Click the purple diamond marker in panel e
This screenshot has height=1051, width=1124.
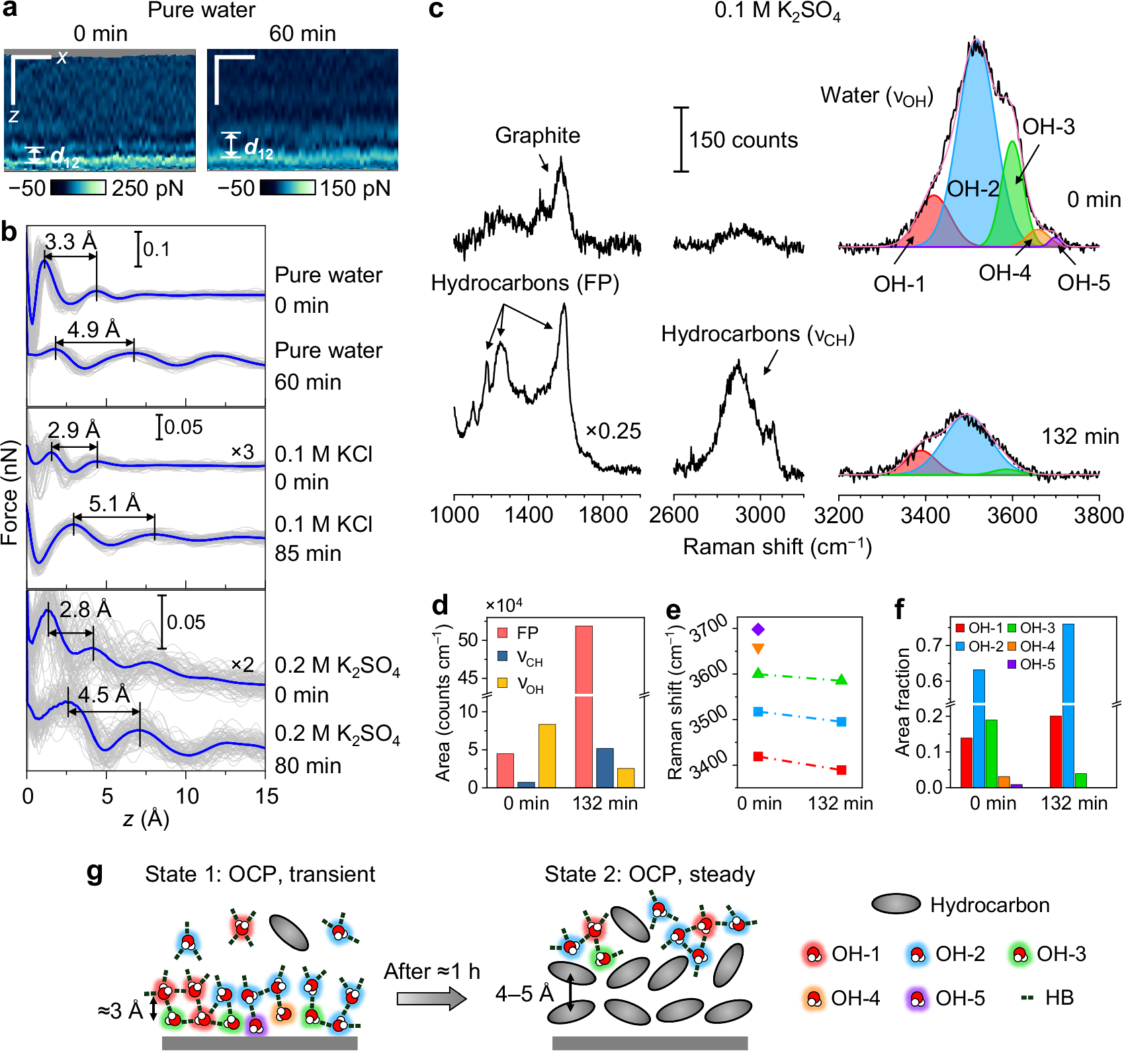click(x=758, y=629)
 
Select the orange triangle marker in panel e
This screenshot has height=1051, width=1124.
click(x=758, y=649)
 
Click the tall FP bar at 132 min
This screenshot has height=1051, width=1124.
click(x=584, y=701)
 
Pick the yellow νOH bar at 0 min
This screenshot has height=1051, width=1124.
click(x=546, y=755)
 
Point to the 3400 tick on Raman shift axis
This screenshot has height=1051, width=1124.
click(x=925, y=515)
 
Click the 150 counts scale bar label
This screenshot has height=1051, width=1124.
click(x=744, y=140)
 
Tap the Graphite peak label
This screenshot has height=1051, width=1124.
click(x=537, y=136)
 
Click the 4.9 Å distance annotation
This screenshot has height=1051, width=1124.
click(x=94, y=329)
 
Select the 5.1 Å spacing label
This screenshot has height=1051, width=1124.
click(x=114, y=504)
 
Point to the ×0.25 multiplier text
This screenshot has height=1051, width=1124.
click(x=613, y=431)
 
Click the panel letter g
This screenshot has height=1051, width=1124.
click(x=95, y=872)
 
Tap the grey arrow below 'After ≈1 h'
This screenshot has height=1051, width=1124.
click(x=431, y=997)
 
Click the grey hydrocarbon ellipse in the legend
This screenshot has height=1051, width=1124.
click(x=896, y=904)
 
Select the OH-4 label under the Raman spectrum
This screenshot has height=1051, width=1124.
click(x=1004, y=273)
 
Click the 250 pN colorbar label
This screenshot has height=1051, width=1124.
click(x=147, y=189)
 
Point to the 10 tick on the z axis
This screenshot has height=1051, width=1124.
click(x=187, y=796)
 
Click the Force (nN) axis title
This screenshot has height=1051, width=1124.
click(x=10, y=493)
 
